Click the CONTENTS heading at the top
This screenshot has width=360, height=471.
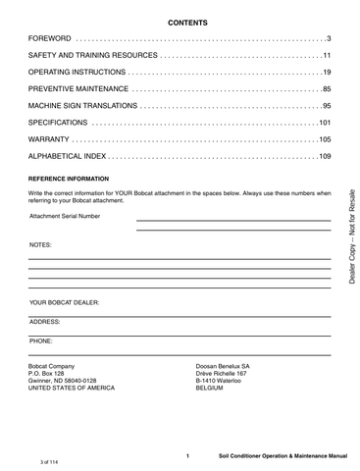pos(180,21)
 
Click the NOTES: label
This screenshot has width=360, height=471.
pos(40,242)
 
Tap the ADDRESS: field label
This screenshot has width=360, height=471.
pos(46,321)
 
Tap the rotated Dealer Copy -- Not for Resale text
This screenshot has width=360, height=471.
pos(350,240)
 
